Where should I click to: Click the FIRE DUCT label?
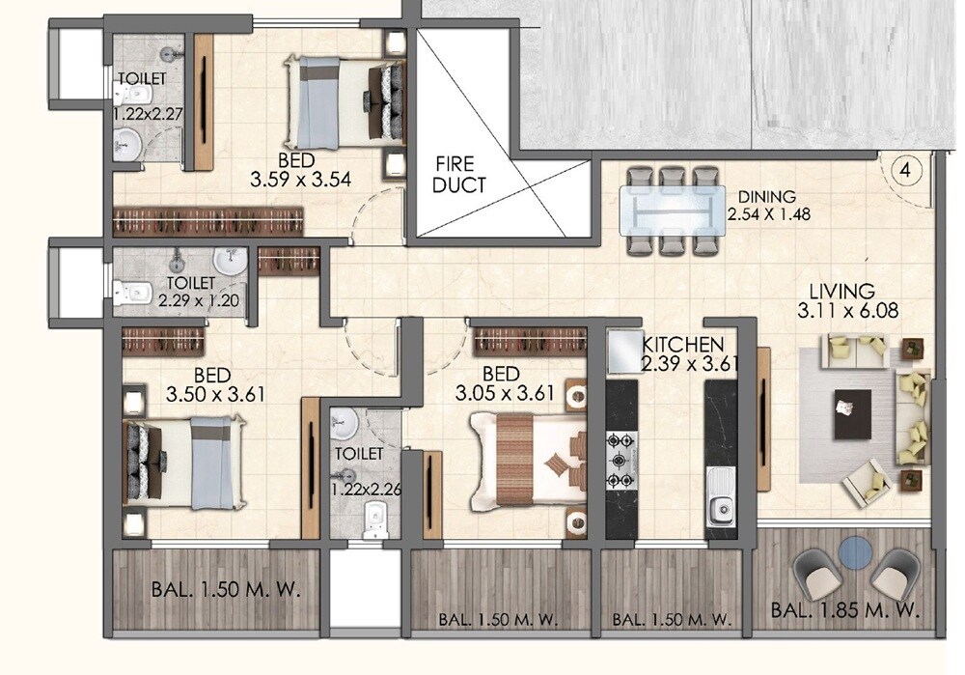[459, 174]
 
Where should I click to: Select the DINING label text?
[766, 197]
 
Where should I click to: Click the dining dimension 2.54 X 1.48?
[767, 215]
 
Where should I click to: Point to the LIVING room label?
[841, 290]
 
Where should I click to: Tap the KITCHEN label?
[683, 344]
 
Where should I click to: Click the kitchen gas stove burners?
[620, 461]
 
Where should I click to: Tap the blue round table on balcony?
[854, 553]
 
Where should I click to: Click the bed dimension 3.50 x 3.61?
[215, 394]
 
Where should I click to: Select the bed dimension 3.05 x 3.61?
[506, 393]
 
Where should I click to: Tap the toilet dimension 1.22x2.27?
[149, 112]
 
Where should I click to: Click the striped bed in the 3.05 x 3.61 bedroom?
[526, 459]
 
